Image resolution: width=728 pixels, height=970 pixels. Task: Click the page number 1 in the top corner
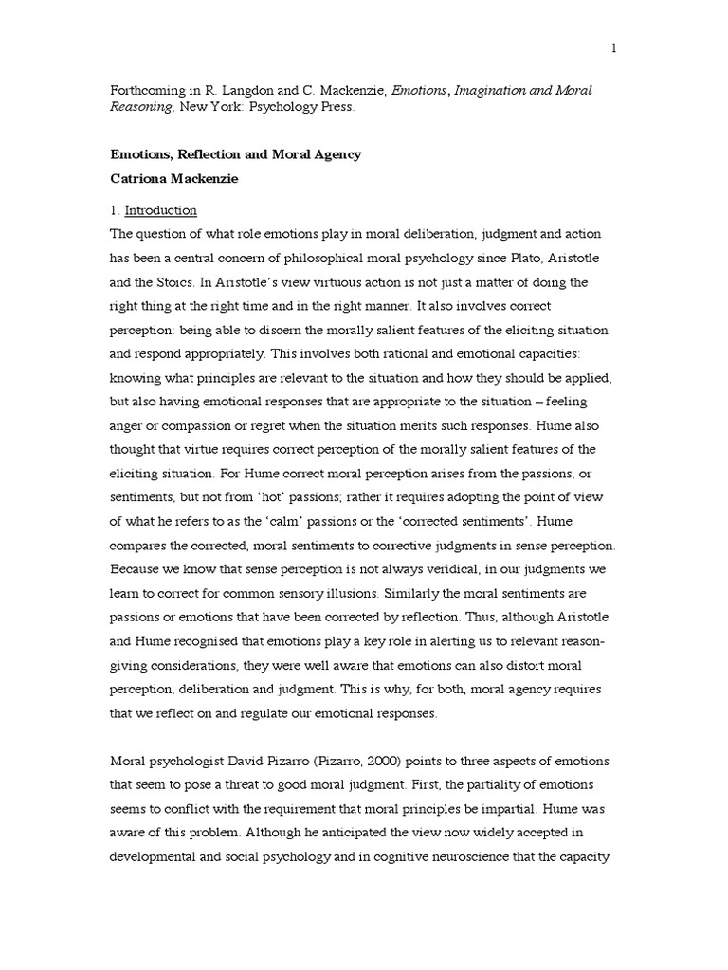click(614, 49)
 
